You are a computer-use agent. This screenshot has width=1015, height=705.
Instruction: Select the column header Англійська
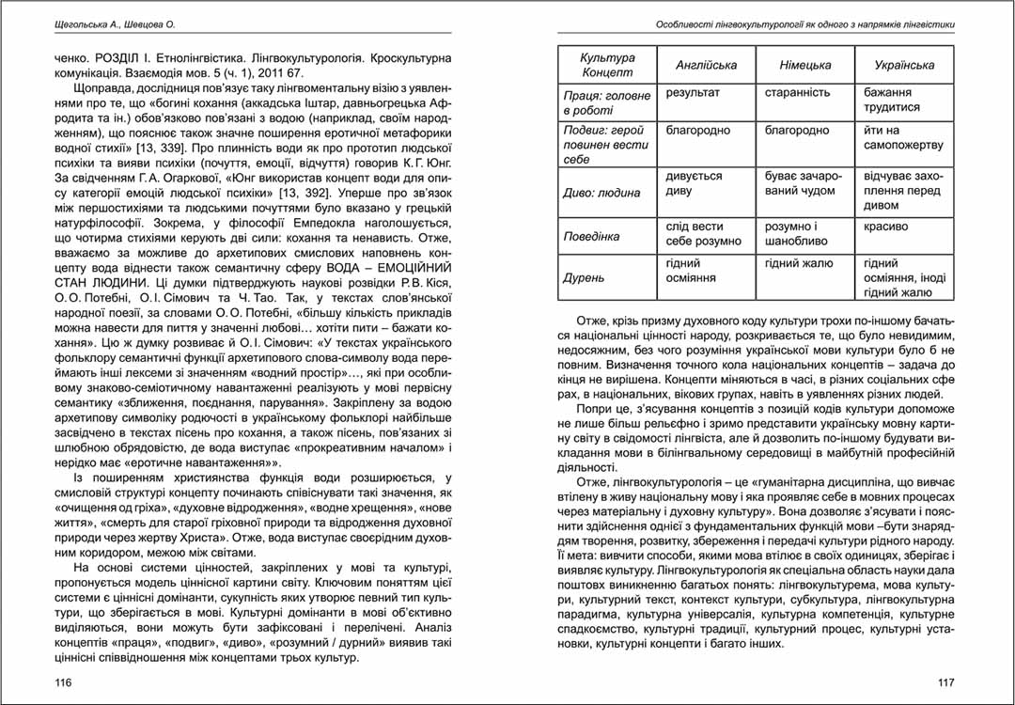[707, 65]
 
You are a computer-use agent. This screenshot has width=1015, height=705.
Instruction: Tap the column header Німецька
[805, 65]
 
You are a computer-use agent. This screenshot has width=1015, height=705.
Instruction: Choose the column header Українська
[904, 65]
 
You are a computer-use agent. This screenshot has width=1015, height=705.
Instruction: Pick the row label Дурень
[586, 278]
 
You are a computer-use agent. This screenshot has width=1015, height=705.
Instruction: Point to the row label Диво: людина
[601, 193]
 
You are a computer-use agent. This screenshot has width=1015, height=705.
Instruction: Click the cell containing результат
[693, 93]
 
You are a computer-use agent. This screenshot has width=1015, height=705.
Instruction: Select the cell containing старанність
[798, 93]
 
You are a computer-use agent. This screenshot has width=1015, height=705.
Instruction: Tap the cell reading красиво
[885, 227]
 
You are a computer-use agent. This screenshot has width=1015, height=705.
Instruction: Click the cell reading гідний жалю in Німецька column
[799, 264]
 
